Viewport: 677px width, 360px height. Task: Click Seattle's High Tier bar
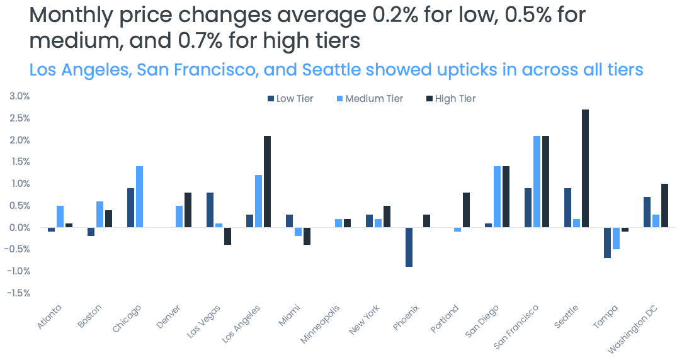[585, 168]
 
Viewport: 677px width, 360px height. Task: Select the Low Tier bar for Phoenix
[409, 247]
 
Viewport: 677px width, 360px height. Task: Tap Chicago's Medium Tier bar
[139, 196]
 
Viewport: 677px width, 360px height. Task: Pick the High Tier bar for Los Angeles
[267, 181]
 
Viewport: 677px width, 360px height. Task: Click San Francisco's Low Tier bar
[528, 208]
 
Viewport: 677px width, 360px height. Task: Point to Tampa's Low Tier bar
[607, 242]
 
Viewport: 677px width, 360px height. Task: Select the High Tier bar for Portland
[465, 210]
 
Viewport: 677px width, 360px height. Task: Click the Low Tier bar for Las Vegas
[210, 210]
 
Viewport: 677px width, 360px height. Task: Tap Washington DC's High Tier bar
[664, 205]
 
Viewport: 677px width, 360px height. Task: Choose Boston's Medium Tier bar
[100, 214]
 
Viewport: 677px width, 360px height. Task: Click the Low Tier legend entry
[290, 99]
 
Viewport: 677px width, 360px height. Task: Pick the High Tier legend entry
[451, 99]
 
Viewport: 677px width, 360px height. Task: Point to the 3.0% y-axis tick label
[20, 96]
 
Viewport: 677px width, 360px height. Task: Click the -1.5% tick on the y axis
[18, 293]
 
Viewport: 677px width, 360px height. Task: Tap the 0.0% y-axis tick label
[20, 227]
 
